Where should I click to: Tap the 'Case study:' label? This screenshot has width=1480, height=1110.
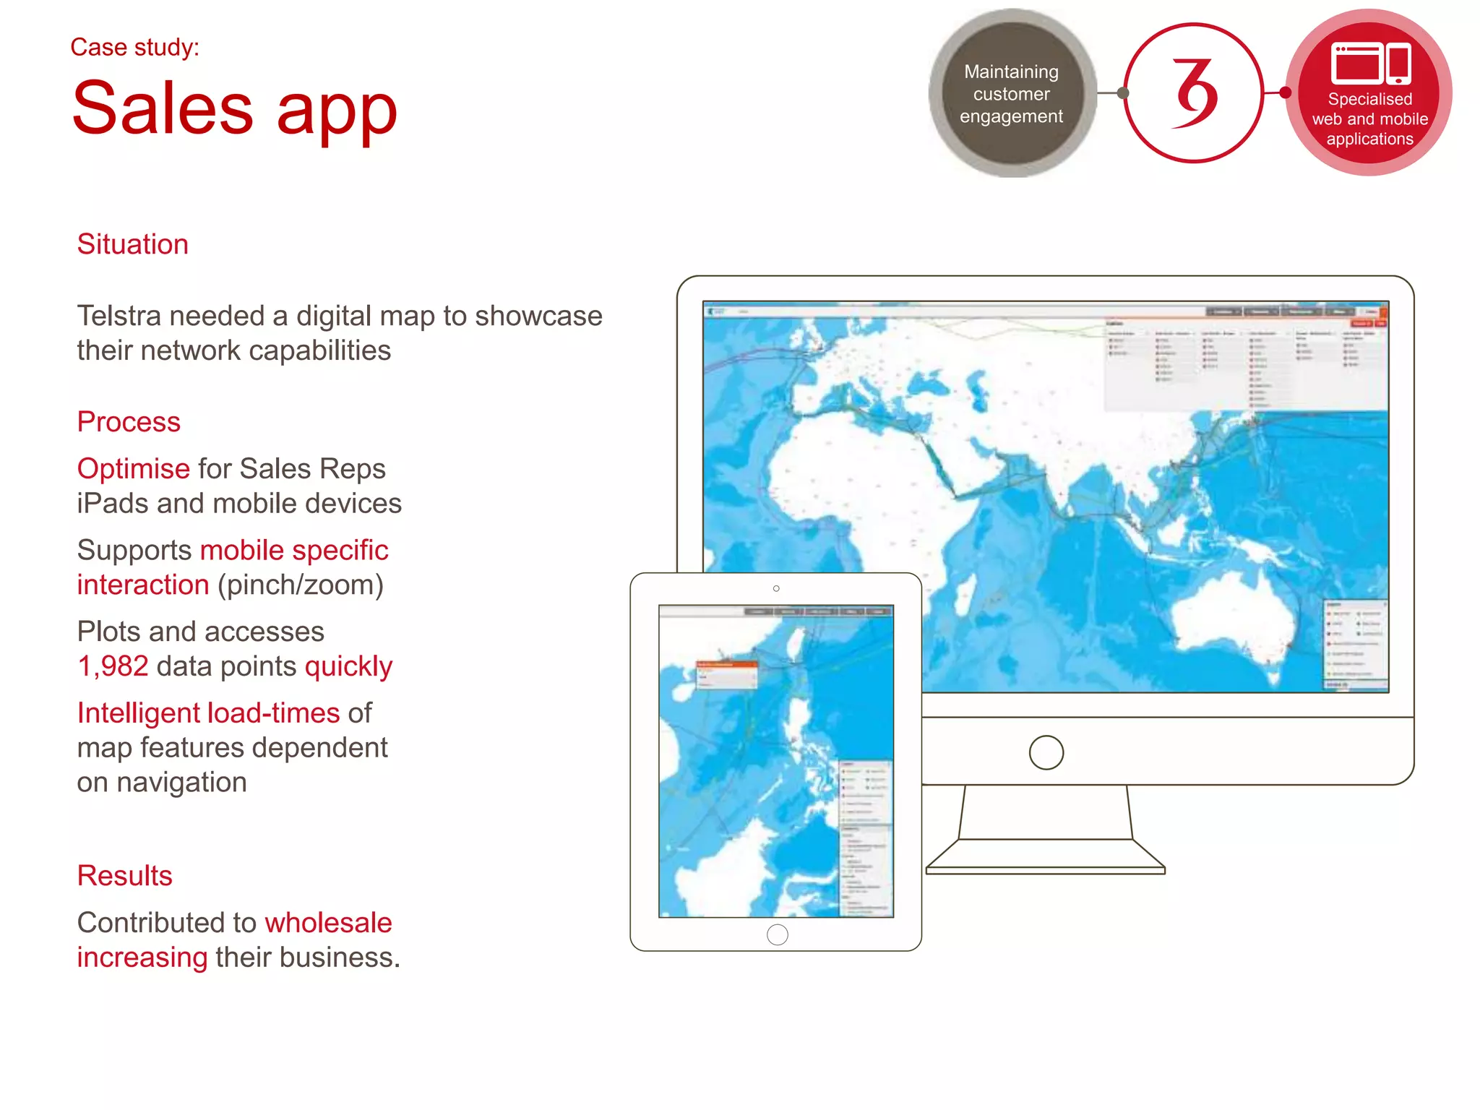click(134, 48)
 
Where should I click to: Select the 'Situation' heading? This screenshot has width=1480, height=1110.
click(132, 244)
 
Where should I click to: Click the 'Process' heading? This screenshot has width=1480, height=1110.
click(129, 422)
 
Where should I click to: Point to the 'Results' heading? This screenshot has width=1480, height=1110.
click(124, 876)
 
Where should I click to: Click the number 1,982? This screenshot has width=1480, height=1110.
click(113, 666)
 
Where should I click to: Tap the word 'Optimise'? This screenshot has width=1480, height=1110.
click(133, 469)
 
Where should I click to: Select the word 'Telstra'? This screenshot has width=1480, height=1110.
click(119, 317)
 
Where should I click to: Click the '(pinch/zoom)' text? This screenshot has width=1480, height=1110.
click(301, 585)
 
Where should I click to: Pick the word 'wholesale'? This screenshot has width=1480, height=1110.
click(328, 923)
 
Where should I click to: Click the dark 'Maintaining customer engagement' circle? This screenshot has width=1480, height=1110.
click(1011, 93)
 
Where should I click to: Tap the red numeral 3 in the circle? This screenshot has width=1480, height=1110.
click(1194, 93)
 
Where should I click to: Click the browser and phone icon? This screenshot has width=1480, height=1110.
click(1370, 64)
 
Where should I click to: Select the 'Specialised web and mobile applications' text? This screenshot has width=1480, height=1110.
click(1369, 119)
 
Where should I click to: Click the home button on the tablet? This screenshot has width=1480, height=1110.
click(777, 934)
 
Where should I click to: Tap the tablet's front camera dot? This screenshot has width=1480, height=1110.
click(776, 589)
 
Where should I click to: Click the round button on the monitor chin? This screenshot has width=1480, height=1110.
click(1046, 752)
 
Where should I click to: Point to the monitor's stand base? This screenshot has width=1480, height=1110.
click(1045, 860)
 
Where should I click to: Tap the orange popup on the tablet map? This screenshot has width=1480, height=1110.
click(726, 664)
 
